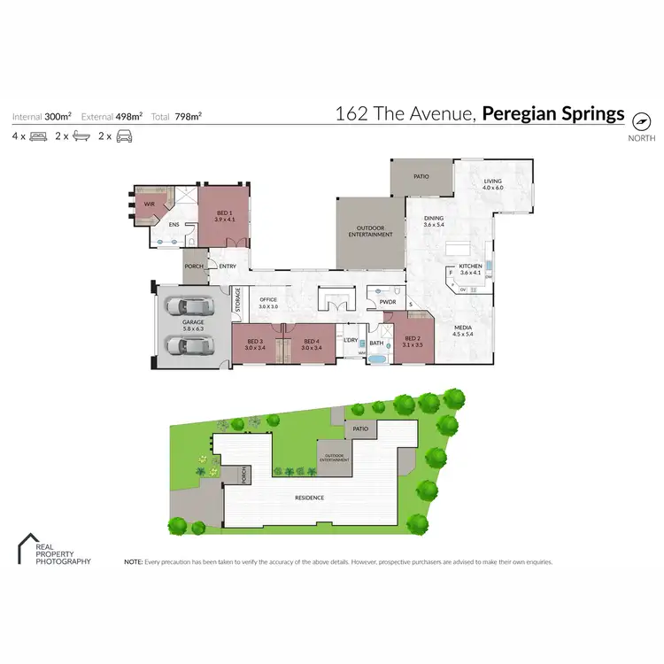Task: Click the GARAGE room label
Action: click(x=193, y=322)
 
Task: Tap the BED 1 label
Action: click(x=222, y=213)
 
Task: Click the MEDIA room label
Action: click(x=463, y=329)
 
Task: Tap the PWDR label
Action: click(x=387, y=302)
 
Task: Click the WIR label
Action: click(x=150, y=204)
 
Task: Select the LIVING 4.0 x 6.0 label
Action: click(x=493, y=184)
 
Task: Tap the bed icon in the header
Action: click(x=38, y=136)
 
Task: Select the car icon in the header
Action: click(x=126, y=136)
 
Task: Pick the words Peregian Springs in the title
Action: click(x=554, y=114)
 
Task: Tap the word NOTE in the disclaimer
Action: click(x=133, y=561)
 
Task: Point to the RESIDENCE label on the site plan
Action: click(x=310, y=498)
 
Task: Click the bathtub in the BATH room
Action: click(x=377, y=359)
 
